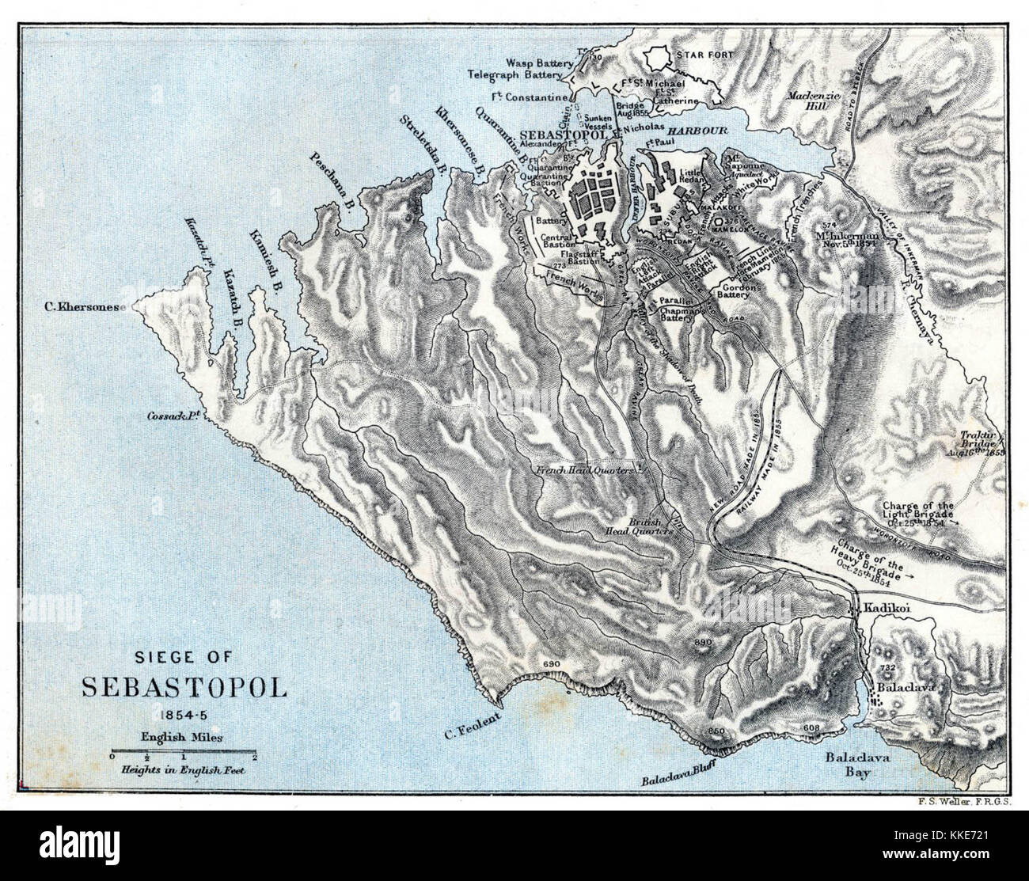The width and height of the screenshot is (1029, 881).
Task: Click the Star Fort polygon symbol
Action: point(656,57)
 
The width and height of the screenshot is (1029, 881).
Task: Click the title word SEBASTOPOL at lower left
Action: point(184,685)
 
